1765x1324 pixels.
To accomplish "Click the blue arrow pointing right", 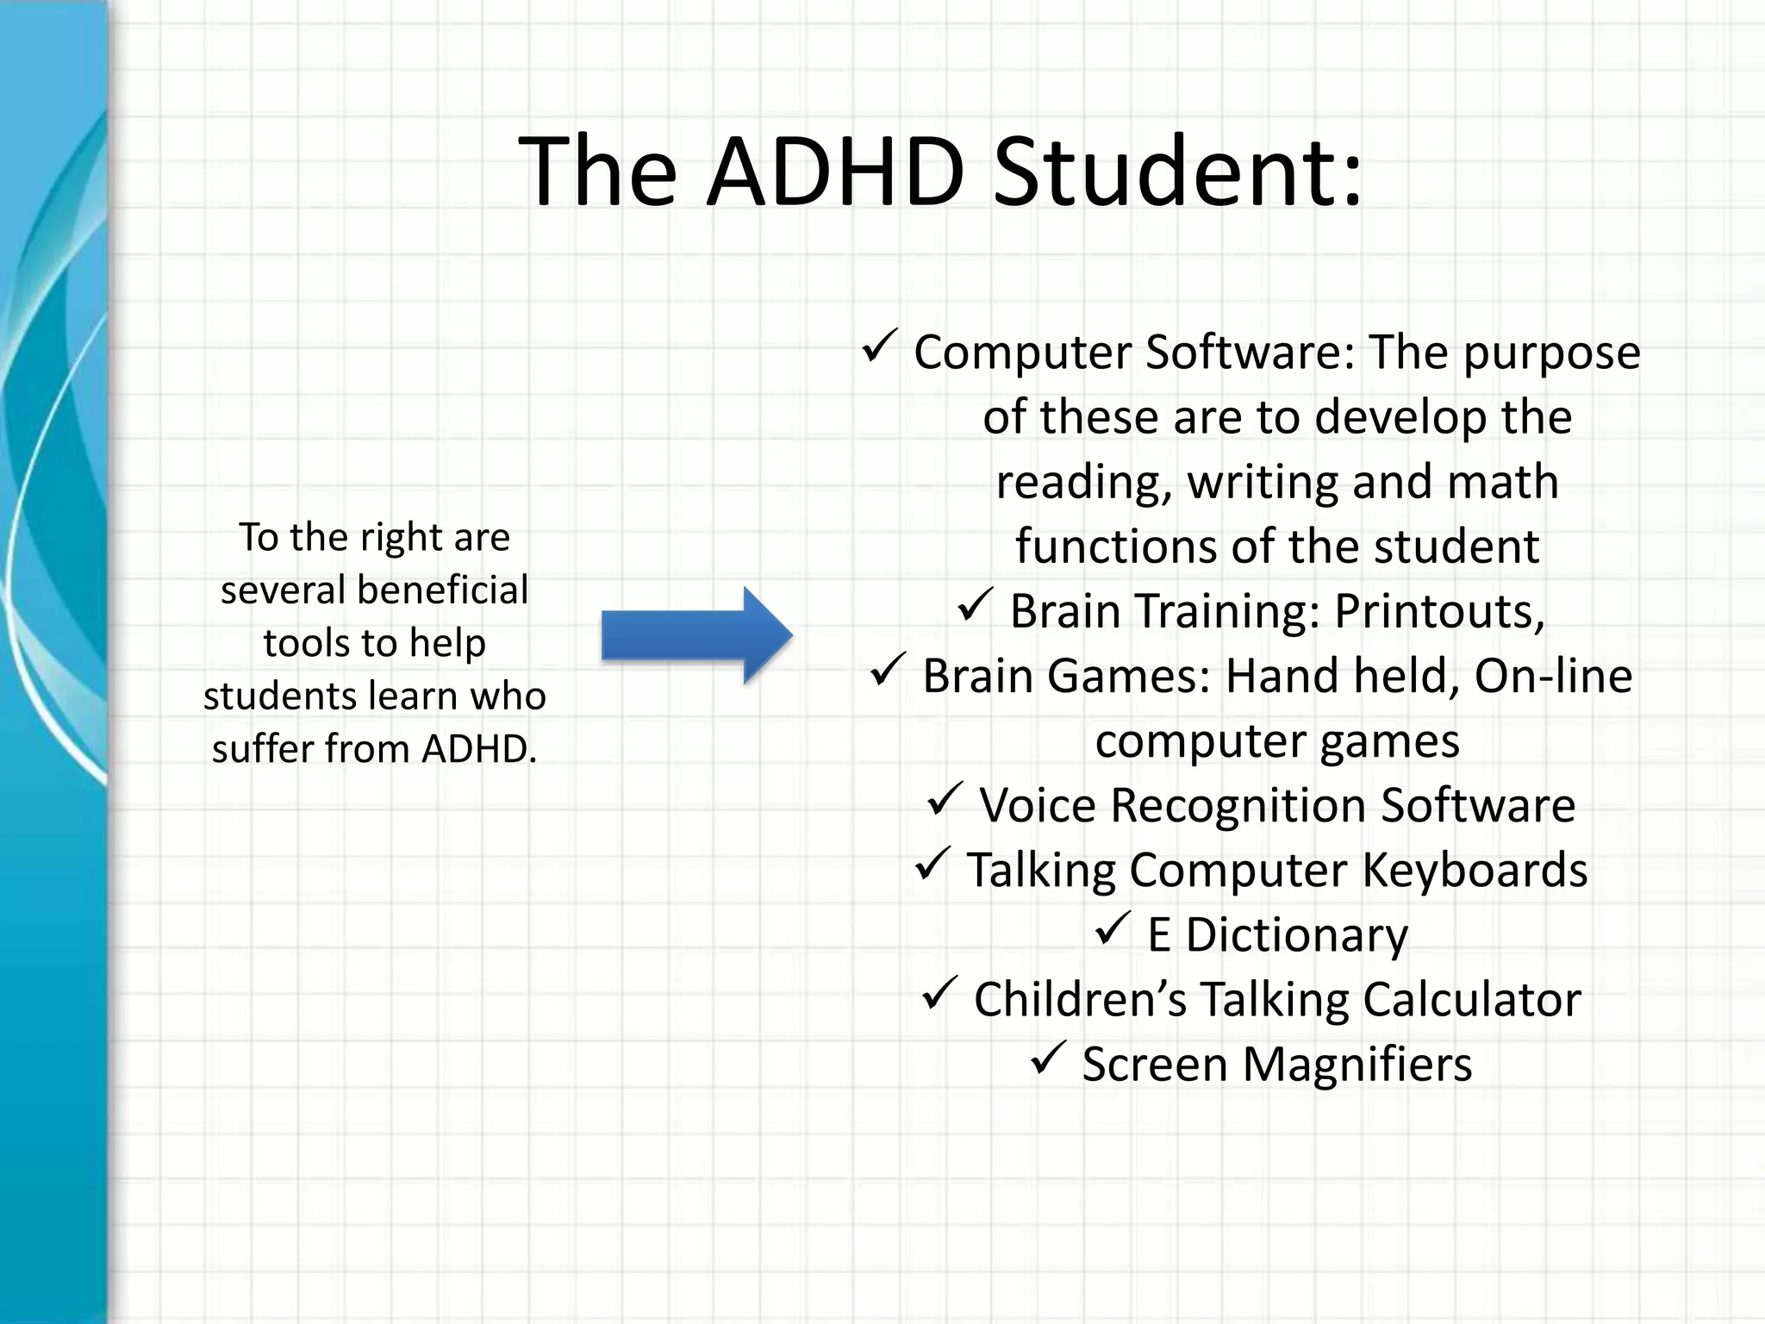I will pyautogui.click(x=696, y=636).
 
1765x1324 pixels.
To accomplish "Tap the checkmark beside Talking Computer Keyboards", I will pyautogui.click(x=932, y=864).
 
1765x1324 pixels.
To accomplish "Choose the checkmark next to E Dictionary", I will pyautogui.click(x=1113, y=928).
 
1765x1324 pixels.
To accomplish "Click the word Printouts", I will pyautogui.click(x=1439, y=612).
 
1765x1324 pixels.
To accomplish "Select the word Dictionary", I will pyautogui.click(x=1296, y=935).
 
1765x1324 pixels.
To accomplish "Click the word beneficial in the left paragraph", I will pyautogui.click(x=442, y=590).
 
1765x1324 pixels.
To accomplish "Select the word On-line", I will pyautogui.click(x=1553, y=677).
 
